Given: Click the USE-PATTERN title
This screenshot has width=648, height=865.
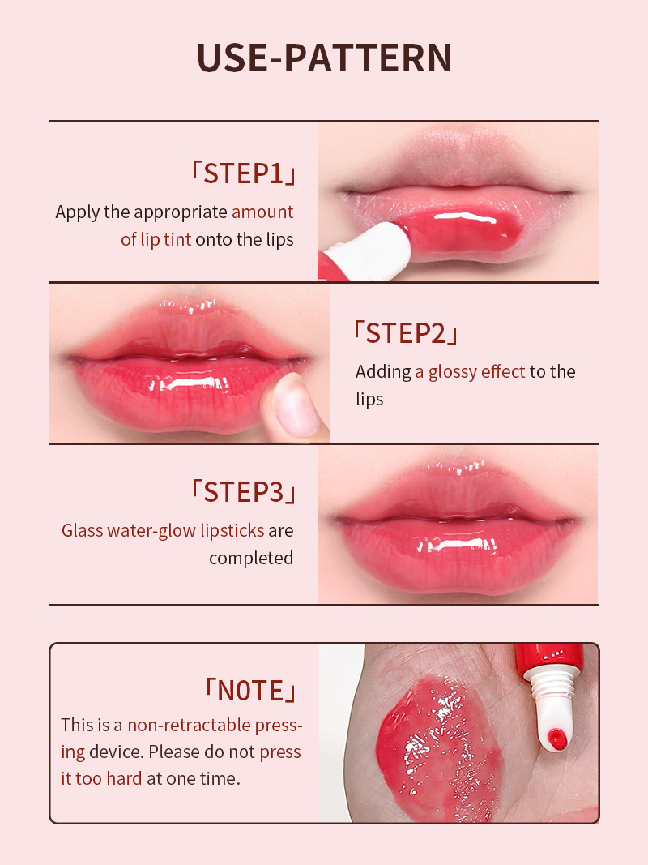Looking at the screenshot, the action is tap(324, 58).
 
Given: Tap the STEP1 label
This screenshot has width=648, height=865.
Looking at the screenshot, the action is tap(243, 173).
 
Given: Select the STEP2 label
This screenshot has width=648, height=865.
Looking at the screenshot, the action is tap(406, 333).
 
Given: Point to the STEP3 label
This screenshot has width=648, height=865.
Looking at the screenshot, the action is tap(243, 491).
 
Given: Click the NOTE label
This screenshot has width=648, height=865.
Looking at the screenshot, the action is tap(251, 690).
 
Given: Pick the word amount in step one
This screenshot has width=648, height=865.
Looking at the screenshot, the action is tap(262, 212).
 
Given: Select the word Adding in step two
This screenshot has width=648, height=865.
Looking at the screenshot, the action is tap(383, 372).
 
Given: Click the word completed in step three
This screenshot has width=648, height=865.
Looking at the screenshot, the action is tap(251, 559).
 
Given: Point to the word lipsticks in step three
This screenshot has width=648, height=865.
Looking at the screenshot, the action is tap(232, 531).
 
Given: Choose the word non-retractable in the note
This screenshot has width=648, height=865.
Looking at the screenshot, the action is tap(189, 725).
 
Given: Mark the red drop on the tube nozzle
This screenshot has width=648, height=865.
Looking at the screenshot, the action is tap(557, 739).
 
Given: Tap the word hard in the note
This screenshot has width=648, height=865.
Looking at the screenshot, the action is tap(124, 778).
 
